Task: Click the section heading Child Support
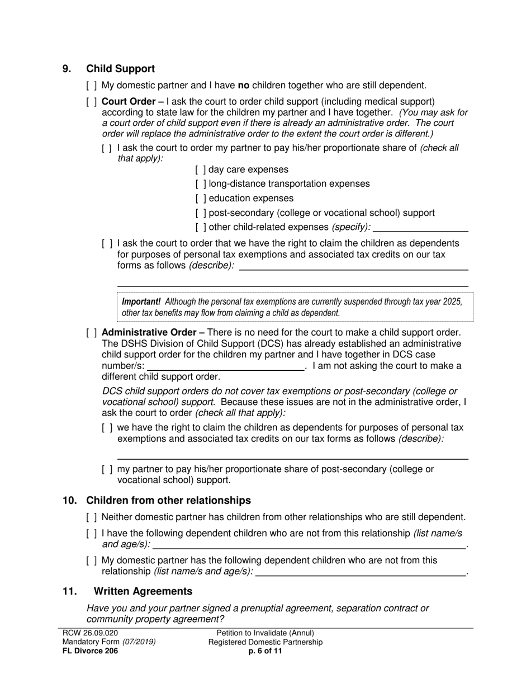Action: pos(120,69)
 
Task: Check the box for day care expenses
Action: pos(201,169)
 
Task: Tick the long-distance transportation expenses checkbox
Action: pos(201,184)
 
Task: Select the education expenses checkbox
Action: pos(201,199)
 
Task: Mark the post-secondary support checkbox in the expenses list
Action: pos(201,213)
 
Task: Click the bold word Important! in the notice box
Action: pos(141,301)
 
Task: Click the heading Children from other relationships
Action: pos(168,501)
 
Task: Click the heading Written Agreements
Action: pos(143,591)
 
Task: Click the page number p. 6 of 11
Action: pos(265,651)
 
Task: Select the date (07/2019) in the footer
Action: pos(139,642)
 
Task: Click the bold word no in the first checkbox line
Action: pos(244,86)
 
